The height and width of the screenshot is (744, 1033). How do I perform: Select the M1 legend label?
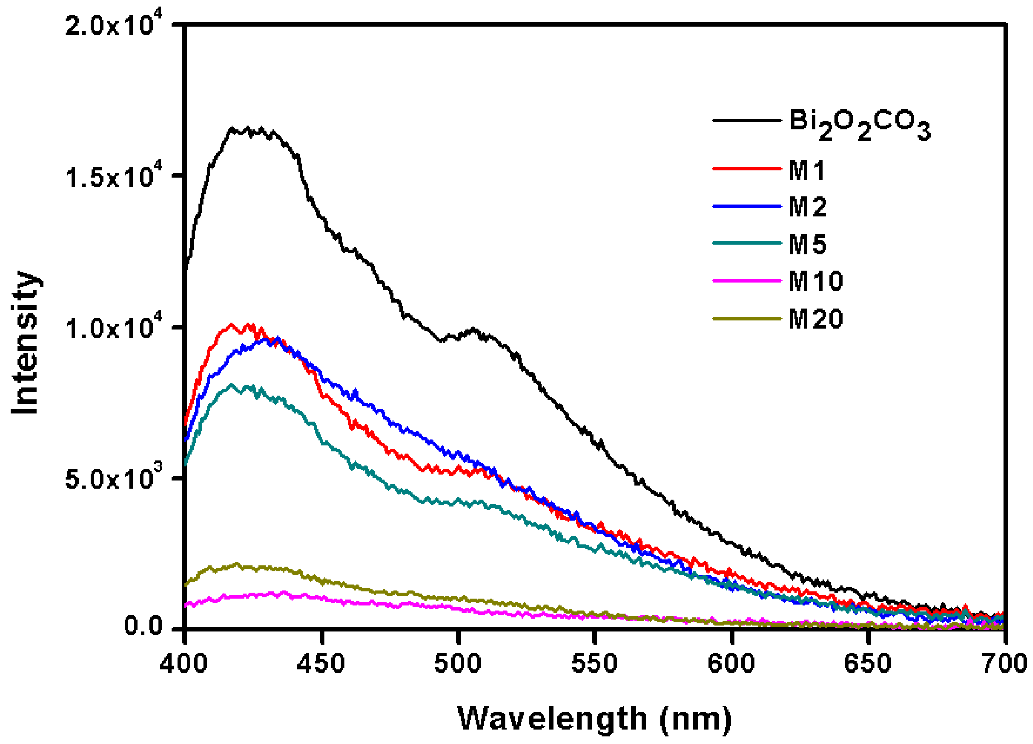click(x=807, y=171)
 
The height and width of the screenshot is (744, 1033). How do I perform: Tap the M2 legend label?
click(x=807, y=208)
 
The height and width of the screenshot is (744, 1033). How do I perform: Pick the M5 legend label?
click(x=807, y=244)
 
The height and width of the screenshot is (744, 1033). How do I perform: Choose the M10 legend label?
click(x=815, y=281)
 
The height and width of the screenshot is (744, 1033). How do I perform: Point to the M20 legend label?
click(x=815, y=319)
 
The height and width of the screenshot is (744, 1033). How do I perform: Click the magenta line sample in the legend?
click(x=747, y=281)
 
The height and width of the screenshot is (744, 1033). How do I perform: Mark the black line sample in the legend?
click(x=747, y=121)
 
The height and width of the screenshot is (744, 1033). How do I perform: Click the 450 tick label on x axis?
click(x=321, y=664)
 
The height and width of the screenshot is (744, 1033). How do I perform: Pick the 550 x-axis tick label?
click(x=594, y=664)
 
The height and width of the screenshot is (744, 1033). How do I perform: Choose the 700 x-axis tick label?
click(x=1004, y=664)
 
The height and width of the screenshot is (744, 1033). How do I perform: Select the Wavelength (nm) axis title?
click(x=594, y=718)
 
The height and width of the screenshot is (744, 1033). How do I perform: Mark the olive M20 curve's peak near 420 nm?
click(x=236, y=564)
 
